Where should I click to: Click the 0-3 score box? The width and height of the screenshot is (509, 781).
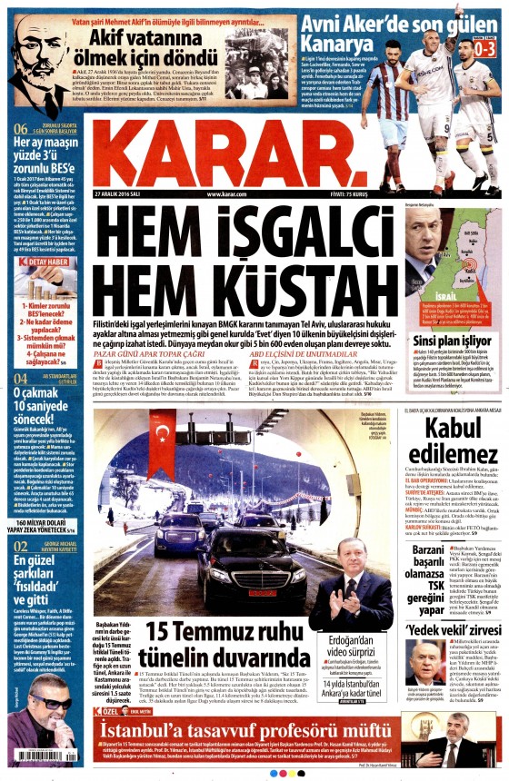pos(487,42)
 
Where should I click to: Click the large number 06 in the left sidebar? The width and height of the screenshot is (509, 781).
pos(20,128)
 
